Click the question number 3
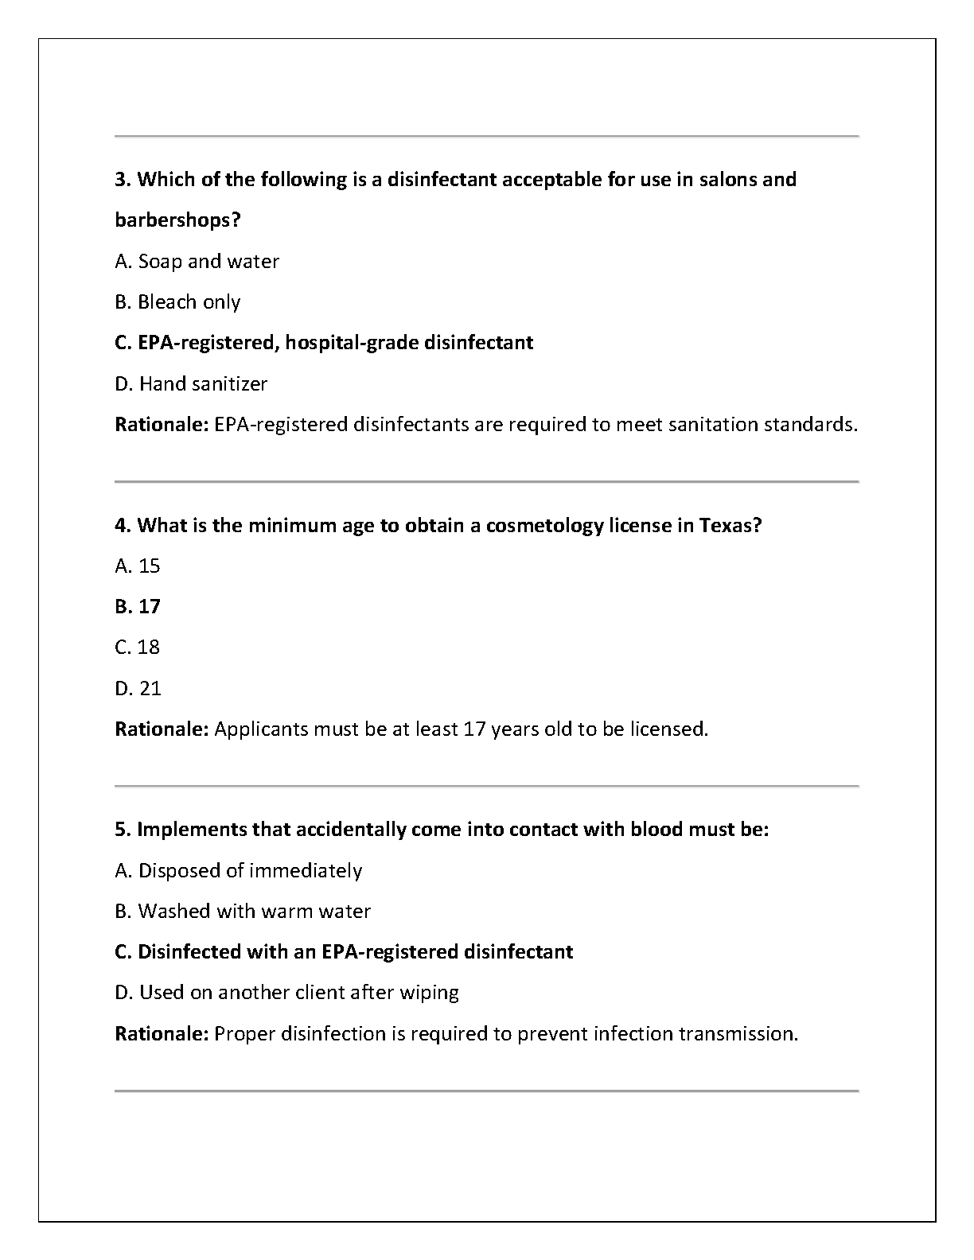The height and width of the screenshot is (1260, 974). click(122, 180)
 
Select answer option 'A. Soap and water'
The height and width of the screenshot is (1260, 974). click(197, 262)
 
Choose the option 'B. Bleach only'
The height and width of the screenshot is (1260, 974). click(177, 302)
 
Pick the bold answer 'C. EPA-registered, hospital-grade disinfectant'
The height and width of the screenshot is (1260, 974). click(324, 343)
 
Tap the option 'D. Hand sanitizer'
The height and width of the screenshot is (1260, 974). click(191, 384)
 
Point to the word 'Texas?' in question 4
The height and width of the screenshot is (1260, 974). click(730, 526)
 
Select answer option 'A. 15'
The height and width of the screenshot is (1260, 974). click(138, 566)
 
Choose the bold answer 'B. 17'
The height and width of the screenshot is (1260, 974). click(138, 607)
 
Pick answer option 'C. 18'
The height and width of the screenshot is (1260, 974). click(138, 647)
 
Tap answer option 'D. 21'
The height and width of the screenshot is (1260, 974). click(138, 689)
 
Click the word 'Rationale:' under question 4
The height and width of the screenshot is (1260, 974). click(162, 729)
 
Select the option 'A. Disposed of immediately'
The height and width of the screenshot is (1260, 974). click(238, 871)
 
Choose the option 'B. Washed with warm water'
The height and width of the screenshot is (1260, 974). click(243, 912)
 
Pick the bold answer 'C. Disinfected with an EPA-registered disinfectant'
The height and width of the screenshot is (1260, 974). click(344, 952)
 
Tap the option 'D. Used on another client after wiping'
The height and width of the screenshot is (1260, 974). click(286, 993)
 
